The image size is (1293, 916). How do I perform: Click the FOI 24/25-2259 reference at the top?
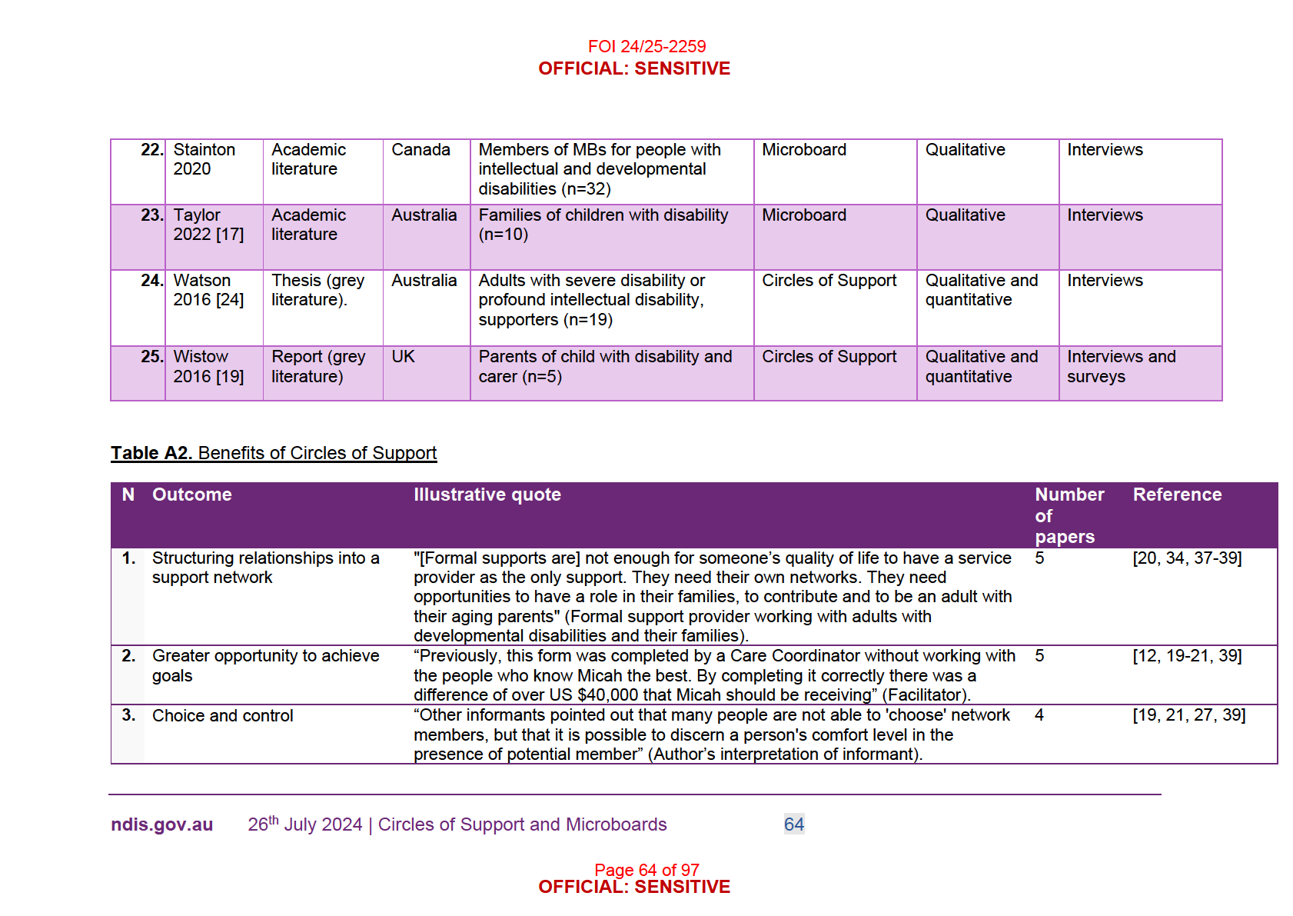click(646, 46)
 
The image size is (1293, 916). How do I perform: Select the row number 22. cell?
click(151, 150)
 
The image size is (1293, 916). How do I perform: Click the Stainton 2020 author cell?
click(204, 159)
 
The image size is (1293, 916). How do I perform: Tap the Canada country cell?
click(420, 150)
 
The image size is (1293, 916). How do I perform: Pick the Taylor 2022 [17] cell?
click(208, 225)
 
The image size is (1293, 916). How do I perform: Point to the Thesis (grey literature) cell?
click(317, 290)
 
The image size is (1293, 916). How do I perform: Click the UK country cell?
click(403, 357)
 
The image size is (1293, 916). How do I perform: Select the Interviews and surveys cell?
click(1121, 366)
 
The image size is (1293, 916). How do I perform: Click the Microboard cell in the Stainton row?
click(803, 150)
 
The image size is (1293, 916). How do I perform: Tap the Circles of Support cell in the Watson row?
click(829, 281)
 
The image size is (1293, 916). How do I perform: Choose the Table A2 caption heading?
click(274, 453)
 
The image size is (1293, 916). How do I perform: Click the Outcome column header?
click(191, 495)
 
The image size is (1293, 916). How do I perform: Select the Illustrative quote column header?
click(487, 495)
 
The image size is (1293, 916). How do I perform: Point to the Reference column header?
click(1176, 495)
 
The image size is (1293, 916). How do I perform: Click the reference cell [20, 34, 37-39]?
click(1187, 558)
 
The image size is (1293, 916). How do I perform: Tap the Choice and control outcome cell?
click(222, 716)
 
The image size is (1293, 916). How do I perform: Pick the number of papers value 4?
click(1039, 715)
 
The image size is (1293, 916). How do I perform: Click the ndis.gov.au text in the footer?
click(161, 824)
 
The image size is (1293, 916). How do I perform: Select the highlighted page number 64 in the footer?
click(793, 824)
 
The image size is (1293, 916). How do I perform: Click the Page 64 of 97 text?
click(646, 870)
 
